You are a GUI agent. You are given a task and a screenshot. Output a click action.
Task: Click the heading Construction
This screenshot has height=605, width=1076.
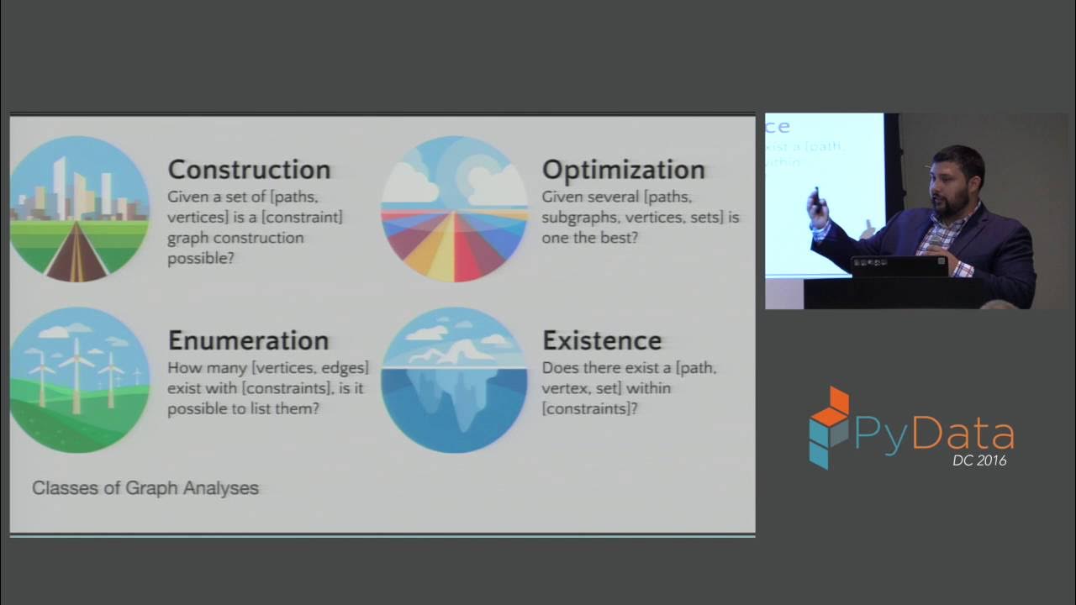(249, 170)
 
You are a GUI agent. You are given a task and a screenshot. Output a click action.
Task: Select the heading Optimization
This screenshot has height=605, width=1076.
(623, 170)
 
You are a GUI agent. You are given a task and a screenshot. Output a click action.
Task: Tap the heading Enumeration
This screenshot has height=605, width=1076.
(248, 340)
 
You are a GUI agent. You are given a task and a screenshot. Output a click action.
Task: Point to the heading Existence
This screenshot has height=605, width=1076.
(602, 340)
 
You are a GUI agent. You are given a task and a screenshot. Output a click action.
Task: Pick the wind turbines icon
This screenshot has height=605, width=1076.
(79, 380)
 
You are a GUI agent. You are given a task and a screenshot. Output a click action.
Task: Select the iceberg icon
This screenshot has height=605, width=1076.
(454, 380)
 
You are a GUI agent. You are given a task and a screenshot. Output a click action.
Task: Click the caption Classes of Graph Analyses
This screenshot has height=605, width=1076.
(145, 487)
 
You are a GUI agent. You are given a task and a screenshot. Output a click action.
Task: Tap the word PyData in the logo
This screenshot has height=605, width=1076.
(934, 434)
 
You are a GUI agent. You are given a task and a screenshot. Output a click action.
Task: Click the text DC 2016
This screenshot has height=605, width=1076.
(978, 460)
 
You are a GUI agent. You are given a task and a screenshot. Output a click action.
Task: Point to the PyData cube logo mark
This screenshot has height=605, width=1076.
(829, 427)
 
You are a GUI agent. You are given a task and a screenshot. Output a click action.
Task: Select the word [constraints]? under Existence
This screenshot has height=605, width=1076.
(589, 408)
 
